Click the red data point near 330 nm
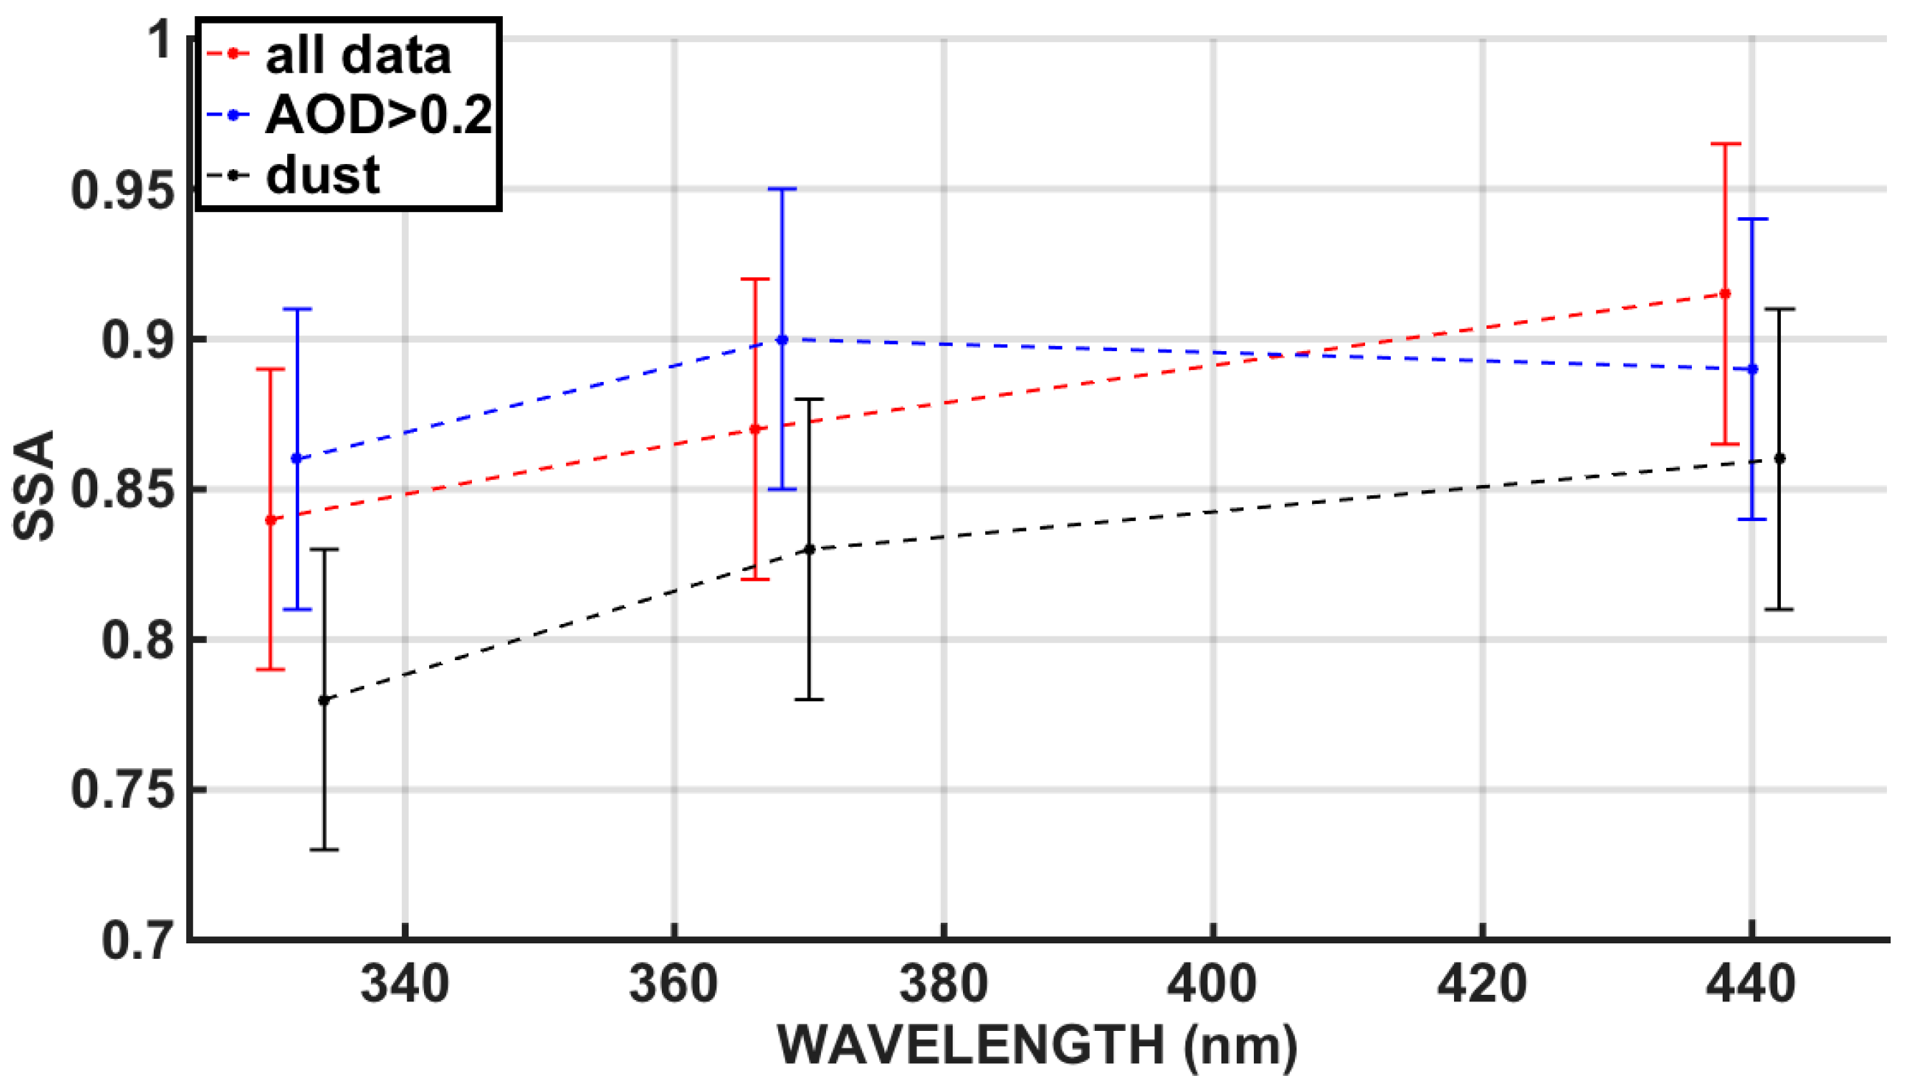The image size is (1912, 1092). pyautogui.click(x=271, y=520)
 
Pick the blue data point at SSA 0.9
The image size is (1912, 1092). pyautogui.click(x=782, y=340)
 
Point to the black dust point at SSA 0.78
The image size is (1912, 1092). pyautogui.click(x=324, y=700)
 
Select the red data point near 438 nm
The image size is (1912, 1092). pyautogui.click(x=1725, y=294)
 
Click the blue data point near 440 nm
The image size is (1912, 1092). pyautogui.click(x=1752, y=369)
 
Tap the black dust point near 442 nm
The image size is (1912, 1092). pyautogui.click(x=1779, y=458)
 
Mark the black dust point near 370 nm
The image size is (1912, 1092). pyautogui.click(x=809, y=550)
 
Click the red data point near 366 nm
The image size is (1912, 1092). pyautogui.click(x=755, y=429)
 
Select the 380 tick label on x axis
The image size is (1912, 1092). pyautogui.click(x=943, y=984)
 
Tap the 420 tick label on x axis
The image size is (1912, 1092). pyautogui.click(x=1482, y=984)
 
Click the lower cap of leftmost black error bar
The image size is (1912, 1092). pyautogui.click(x=324, y=850)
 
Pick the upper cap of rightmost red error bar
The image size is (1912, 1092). pyautogui.click(x=1725, y=143)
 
